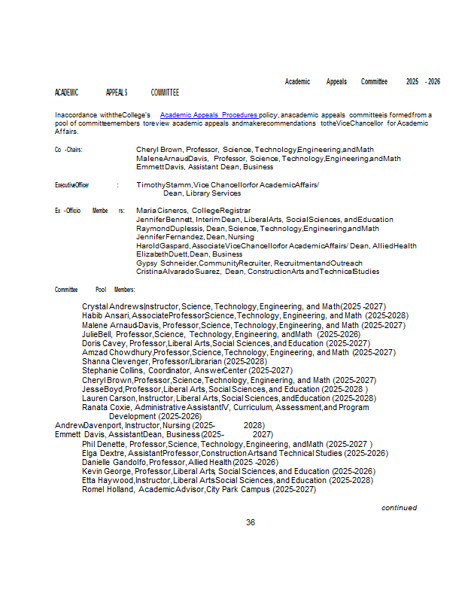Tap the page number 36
[251, 522]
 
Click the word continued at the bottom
[399, 508]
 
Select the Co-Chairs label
[68, 150]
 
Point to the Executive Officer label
[72, 184]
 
